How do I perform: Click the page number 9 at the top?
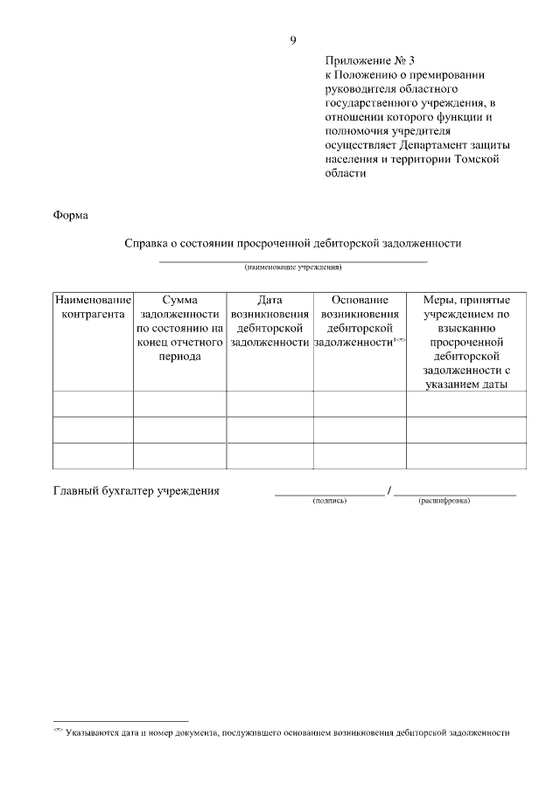pyautogui.click(x=293, y=40)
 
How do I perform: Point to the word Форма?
pyautogui.click(x=71, y=215)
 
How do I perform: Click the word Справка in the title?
pyautogui.click(x=150, y=243)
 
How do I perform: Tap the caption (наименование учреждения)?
pyautogui.click(x=292, y=267)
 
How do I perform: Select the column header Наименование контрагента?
pyautogui.click(x=93, y=307)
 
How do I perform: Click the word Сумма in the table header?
pyautogui.click(x=179, y=300)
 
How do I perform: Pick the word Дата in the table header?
pyautogui.click(x=269, y=300)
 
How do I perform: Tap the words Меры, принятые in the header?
pyautogui.click(x=466, y=300)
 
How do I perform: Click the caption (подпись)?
pyautogui.click(x=330, y=502)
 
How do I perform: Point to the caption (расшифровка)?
pyautogui.click(x=444, y=502)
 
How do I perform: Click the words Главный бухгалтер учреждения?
pyautogui.click(x=136, y=491)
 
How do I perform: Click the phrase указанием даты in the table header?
pyautogui.click(x=466, y=385)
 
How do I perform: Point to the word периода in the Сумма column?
pyautogui.click(x=179, y=357)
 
